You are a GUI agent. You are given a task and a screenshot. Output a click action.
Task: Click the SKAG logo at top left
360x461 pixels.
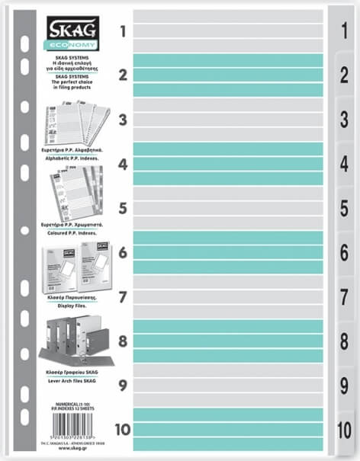tap(73, 28)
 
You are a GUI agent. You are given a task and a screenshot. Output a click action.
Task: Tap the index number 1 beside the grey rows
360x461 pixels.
tap(122, 31)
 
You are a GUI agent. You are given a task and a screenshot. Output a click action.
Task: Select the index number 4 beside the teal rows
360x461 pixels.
tap(122, 163)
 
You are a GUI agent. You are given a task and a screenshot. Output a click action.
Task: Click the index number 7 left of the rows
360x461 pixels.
tap(122, 296)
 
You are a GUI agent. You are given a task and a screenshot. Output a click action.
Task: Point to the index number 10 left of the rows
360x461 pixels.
tap(122, 428)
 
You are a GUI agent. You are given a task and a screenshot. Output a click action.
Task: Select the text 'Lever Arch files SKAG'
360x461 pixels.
tap(75, 379)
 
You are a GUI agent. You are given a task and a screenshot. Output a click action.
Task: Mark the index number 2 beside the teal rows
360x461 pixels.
tap(122, 75)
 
